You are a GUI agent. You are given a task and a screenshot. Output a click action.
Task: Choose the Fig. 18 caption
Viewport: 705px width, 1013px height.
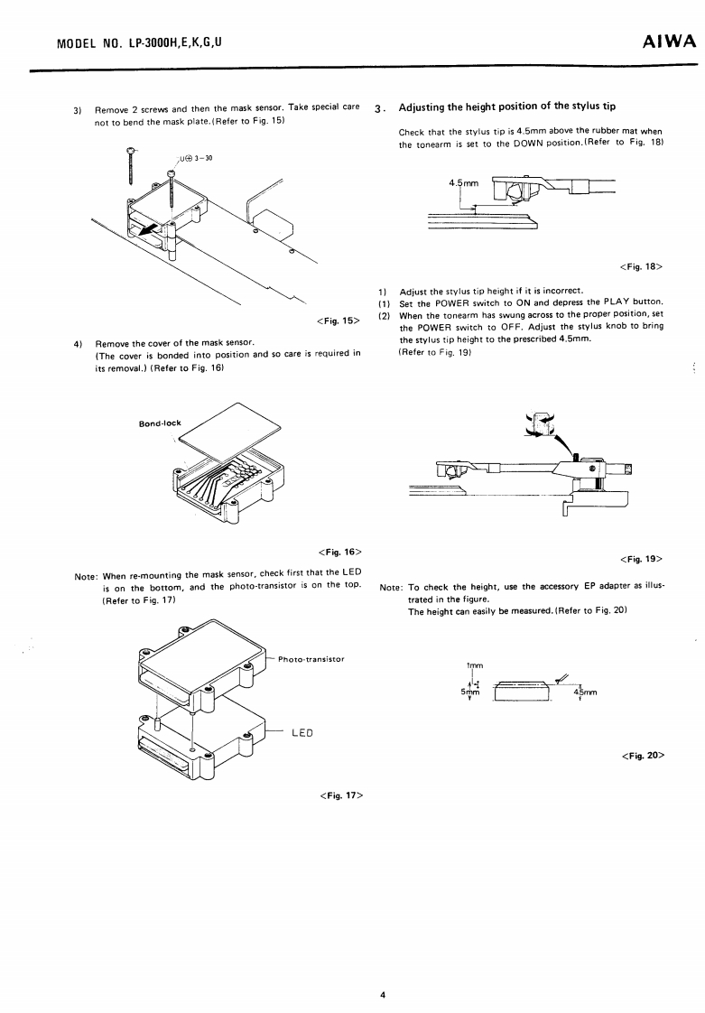[642, 266]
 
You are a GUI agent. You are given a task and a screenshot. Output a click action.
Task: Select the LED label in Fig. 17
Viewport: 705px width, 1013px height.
[301, 731]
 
